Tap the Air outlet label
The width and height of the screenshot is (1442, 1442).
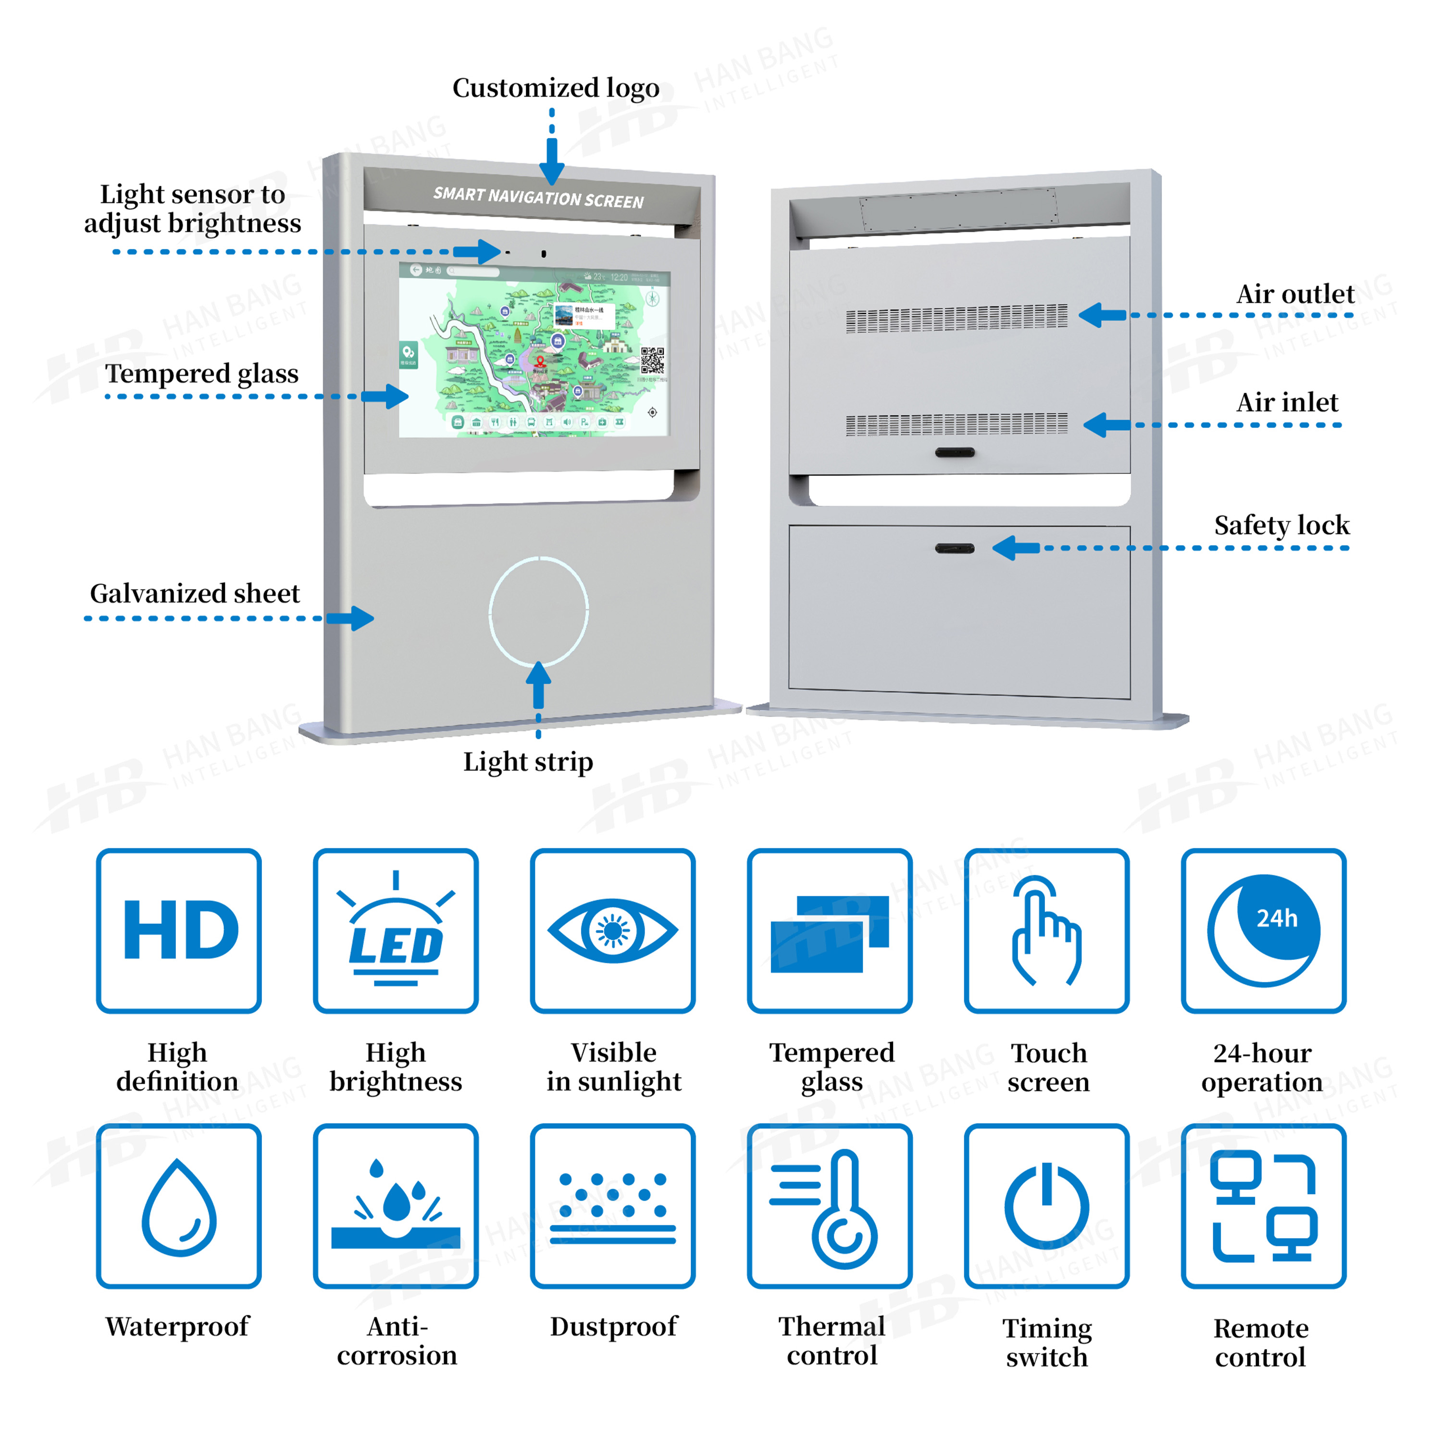point(1295,294)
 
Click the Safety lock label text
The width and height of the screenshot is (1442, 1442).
point(1281,525)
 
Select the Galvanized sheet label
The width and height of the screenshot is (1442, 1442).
point(195,593)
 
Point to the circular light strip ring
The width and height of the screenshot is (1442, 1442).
point(539,610)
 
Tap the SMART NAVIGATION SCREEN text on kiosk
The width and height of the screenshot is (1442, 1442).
point(538,198)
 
